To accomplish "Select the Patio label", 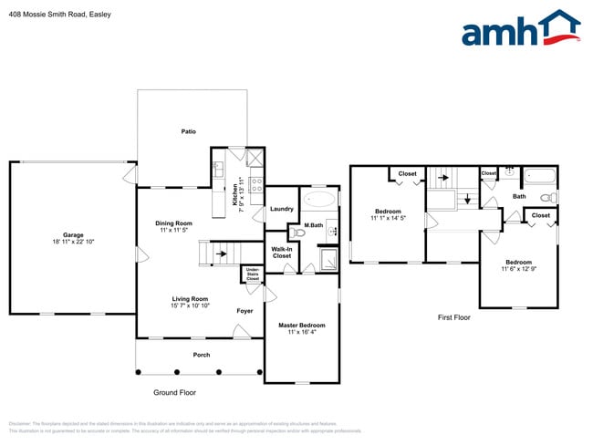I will (188, 131).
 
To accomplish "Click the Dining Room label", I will (173, 223).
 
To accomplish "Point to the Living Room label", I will (191, 298).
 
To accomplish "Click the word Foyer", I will (244, 311).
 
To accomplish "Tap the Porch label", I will (201, 355).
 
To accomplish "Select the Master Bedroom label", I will (301, 326).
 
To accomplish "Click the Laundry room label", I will (282, 209).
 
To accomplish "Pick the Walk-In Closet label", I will (282, 252).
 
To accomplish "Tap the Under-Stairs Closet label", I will (253, 274).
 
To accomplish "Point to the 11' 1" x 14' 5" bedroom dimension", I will (388, 218).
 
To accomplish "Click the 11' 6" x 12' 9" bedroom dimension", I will (518, 269).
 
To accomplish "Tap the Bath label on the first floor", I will (519, 196).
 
